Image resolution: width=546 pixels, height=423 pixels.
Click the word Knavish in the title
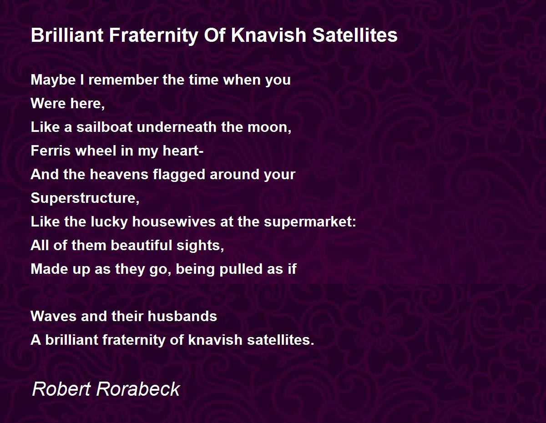[268, 35]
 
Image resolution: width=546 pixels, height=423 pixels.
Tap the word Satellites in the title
[355, 35]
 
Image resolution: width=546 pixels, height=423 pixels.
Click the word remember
[123, 80]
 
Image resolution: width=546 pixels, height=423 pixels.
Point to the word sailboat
[104, 127]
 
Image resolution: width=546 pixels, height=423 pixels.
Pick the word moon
[269, 127]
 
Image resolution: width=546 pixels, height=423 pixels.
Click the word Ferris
[50, 151]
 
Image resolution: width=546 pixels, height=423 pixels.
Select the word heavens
[119, 174]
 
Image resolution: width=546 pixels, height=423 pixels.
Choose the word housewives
[174, 222]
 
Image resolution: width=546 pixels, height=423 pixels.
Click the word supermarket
[310, 222]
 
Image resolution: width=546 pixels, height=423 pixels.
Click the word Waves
[53, 316]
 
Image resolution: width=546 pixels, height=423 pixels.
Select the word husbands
[182, 316]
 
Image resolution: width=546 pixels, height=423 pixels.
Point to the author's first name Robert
[61, 389]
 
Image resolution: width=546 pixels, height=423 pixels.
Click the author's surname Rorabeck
[138, 389]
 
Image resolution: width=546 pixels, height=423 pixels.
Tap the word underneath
[177, 127]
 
